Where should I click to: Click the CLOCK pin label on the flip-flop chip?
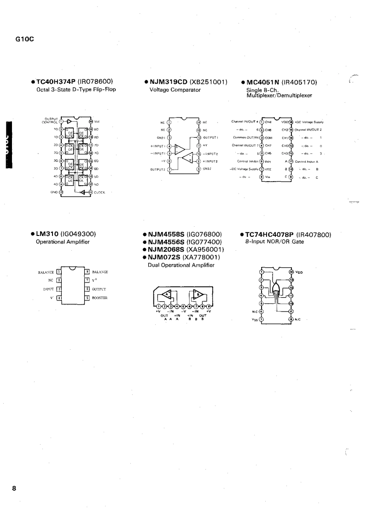click(101, 192)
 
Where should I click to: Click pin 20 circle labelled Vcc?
click(91, 122)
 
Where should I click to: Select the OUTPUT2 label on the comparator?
click(157, 169)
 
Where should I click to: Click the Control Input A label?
click(307, 161)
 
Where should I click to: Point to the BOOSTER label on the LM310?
click(100, 298)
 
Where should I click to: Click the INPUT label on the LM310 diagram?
click(48, 289)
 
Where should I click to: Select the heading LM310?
click(47, 234)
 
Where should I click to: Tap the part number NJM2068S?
click(166, 249)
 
